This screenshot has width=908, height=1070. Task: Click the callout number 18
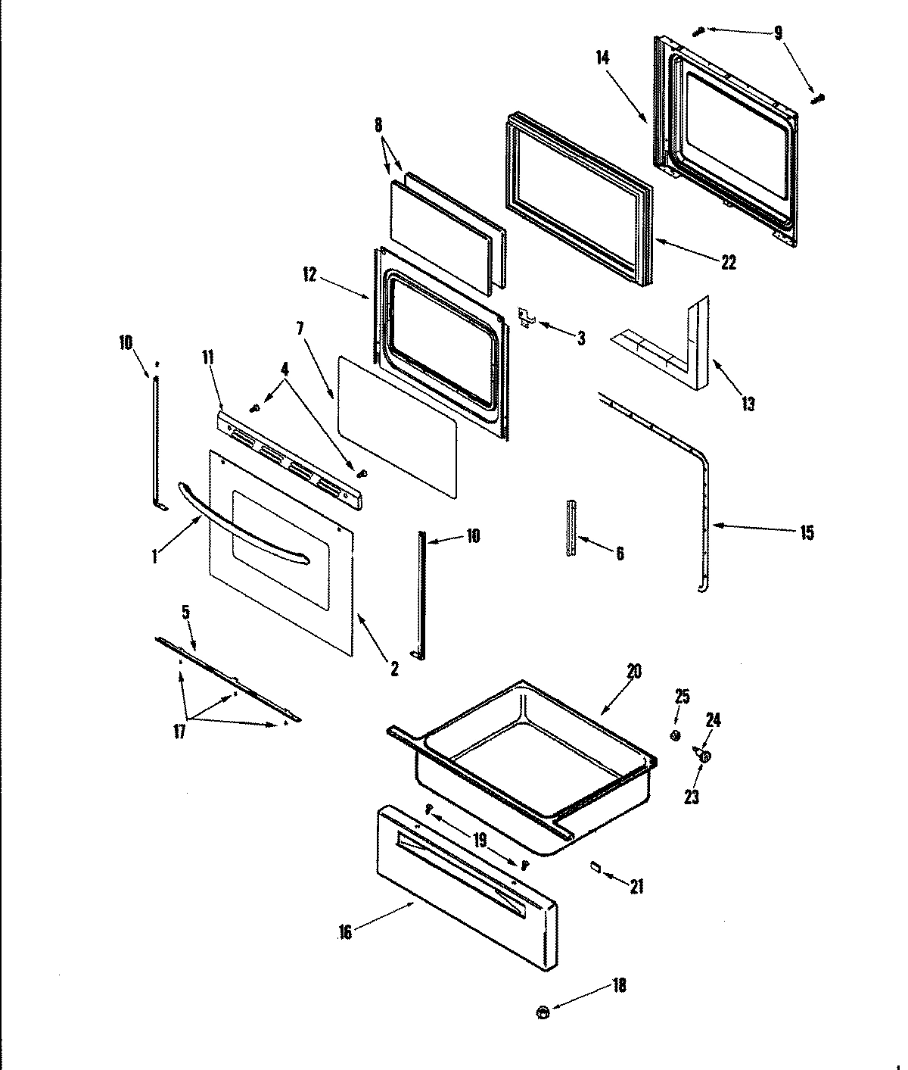[x=619, y=987]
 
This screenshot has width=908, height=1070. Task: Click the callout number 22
[x=728, y=263]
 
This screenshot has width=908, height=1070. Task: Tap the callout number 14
[x=603, y=58]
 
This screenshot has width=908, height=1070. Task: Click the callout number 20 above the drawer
[x=633, y=672]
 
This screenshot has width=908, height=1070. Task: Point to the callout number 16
[x=345, y=933]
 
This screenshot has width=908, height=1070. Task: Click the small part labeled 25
[x=676, y=735]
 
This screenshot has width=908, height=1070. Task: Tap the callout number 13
[x=748, y=404]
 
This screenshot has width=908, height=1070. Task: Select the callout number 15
[x=807, y=533]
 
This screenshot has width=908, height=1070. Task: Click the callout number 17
[x=180, y=732]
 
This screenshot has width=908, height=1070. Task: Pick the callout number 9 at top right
[x=778, y=33]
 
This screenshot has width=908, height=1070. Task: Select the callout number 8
[x=378, y=126]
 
